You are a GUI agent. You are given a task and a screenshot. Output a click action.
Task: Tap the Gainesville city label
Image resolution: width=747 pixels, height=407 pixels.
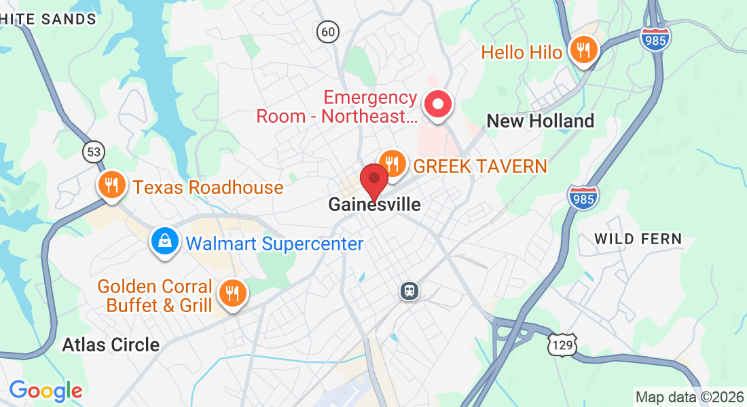click(x=374, y=204)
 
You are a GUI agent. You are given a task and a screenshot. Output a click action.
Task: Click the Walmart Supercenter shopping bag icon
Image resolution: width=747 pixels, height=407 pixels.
click(x=164, y=241)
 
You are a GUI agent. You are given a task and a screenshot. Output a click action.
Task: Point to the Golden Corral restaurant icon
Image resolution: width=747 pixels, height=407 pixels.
click(x=232, y=293)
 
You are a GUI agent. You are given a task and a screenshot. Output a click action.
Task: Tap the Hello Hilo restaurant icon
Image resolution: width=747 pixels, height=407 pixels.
click(x=583, y=50)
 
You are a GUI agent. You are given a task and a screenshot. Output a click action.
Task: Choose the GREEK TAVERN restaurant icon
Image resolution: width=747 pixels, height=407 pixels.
click(x=391, y=163)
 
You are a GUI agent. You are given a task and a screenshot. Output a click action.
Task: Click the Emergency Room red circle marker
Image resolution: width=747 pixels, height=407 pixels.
click(x=437, y=105)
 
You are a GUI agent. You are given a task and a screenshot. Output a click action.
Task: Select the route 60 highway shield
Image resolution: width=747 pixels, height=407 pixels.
click(x=328, y=31)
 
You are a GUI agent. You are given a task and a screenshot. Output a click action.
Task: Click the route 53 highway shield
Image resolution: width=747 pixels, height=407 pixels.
click(x=93, y=152)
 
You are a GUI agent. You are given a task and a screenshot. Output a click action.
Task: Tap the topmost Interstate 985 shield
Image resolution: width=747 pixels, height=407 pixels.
click(x=655, y=38)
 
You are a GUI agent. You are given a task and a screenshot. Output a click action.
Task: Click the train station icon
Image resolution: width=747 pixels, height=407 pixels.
click(x=409, y=291)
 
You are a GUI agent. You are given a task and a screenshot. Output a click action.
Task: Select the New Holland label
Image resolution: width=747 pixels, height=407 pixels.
click(x=541, y=121)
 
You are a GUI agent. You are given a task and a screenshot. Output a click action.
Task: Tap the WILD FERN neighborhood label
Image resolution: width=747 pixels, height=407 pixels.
click(x=638, y=239)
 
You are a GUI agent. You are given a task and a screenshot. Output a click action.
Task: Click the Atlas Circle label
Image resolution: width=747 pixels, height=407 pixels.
click(x=111, y=345)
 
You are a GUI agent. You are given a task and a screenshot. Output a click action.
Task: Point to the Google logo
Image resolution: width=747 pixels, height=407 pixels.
click(x=45, y=391)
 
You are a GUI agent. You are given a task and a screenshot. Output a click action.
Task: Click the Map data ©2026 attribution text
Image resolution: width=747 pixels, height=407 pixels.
click(x=688, y=397)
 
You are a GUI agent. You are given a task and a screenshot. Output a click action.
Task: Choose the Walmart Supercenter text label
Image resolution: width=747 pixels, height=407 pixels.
click(x=274, y=244)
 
